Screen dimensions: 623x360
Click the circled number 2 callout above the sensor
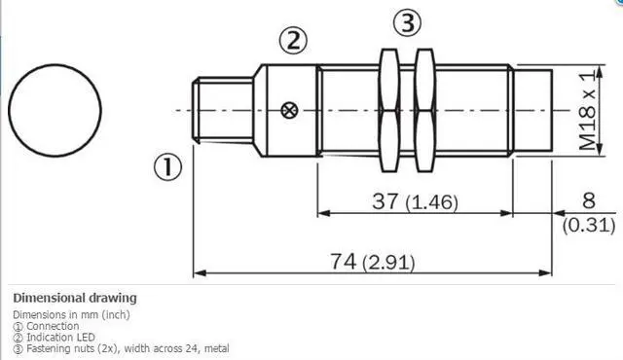[293, 41]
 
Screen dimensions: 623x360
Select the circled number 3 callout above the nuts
[407, 22]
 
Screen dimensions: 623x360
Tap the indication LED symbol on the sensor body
[290, 110]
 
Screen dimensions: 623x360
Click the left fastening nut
[389, 110]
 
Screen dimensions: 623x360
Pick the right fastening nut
[424, 110]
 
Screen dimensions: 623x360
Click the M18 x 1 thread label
[588, 110]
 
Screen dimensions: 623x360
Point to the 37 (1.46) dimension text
[416, 201]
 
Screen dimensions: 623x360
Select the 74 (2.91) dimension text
[372, 262]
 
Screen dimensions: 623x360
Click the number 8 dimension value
[588, 200]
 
